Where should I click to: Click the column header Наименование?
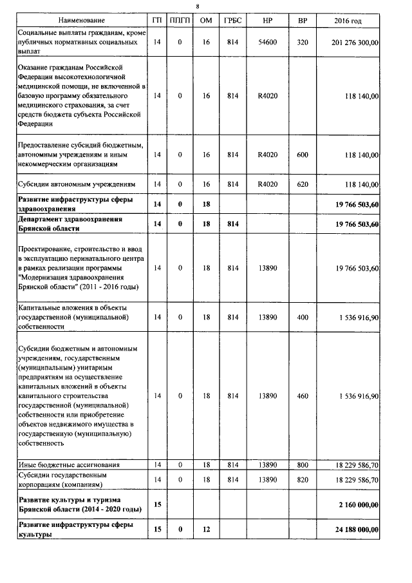tap(80, 21)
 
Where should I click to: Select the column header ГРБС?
tap(233, 21)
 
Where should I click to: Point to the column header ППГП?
tap(180, 21)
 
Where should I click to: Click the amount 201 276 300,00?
tap(353, 42)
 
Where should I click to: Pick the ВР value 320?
tap(302, 42)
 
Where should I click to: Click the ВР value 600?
tap(302, 155)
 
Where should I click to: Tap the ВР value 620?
tap(302, 184)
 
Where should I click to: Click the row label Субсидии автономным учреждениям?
tap(77, 184)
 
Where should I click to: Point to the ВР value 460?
tap(302, 396)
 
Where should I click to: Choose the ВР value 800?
tap(302, 464)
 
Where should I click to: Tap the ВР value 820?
tap(302, 480)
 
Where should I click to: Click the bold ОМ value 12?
tap(206, 530)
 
